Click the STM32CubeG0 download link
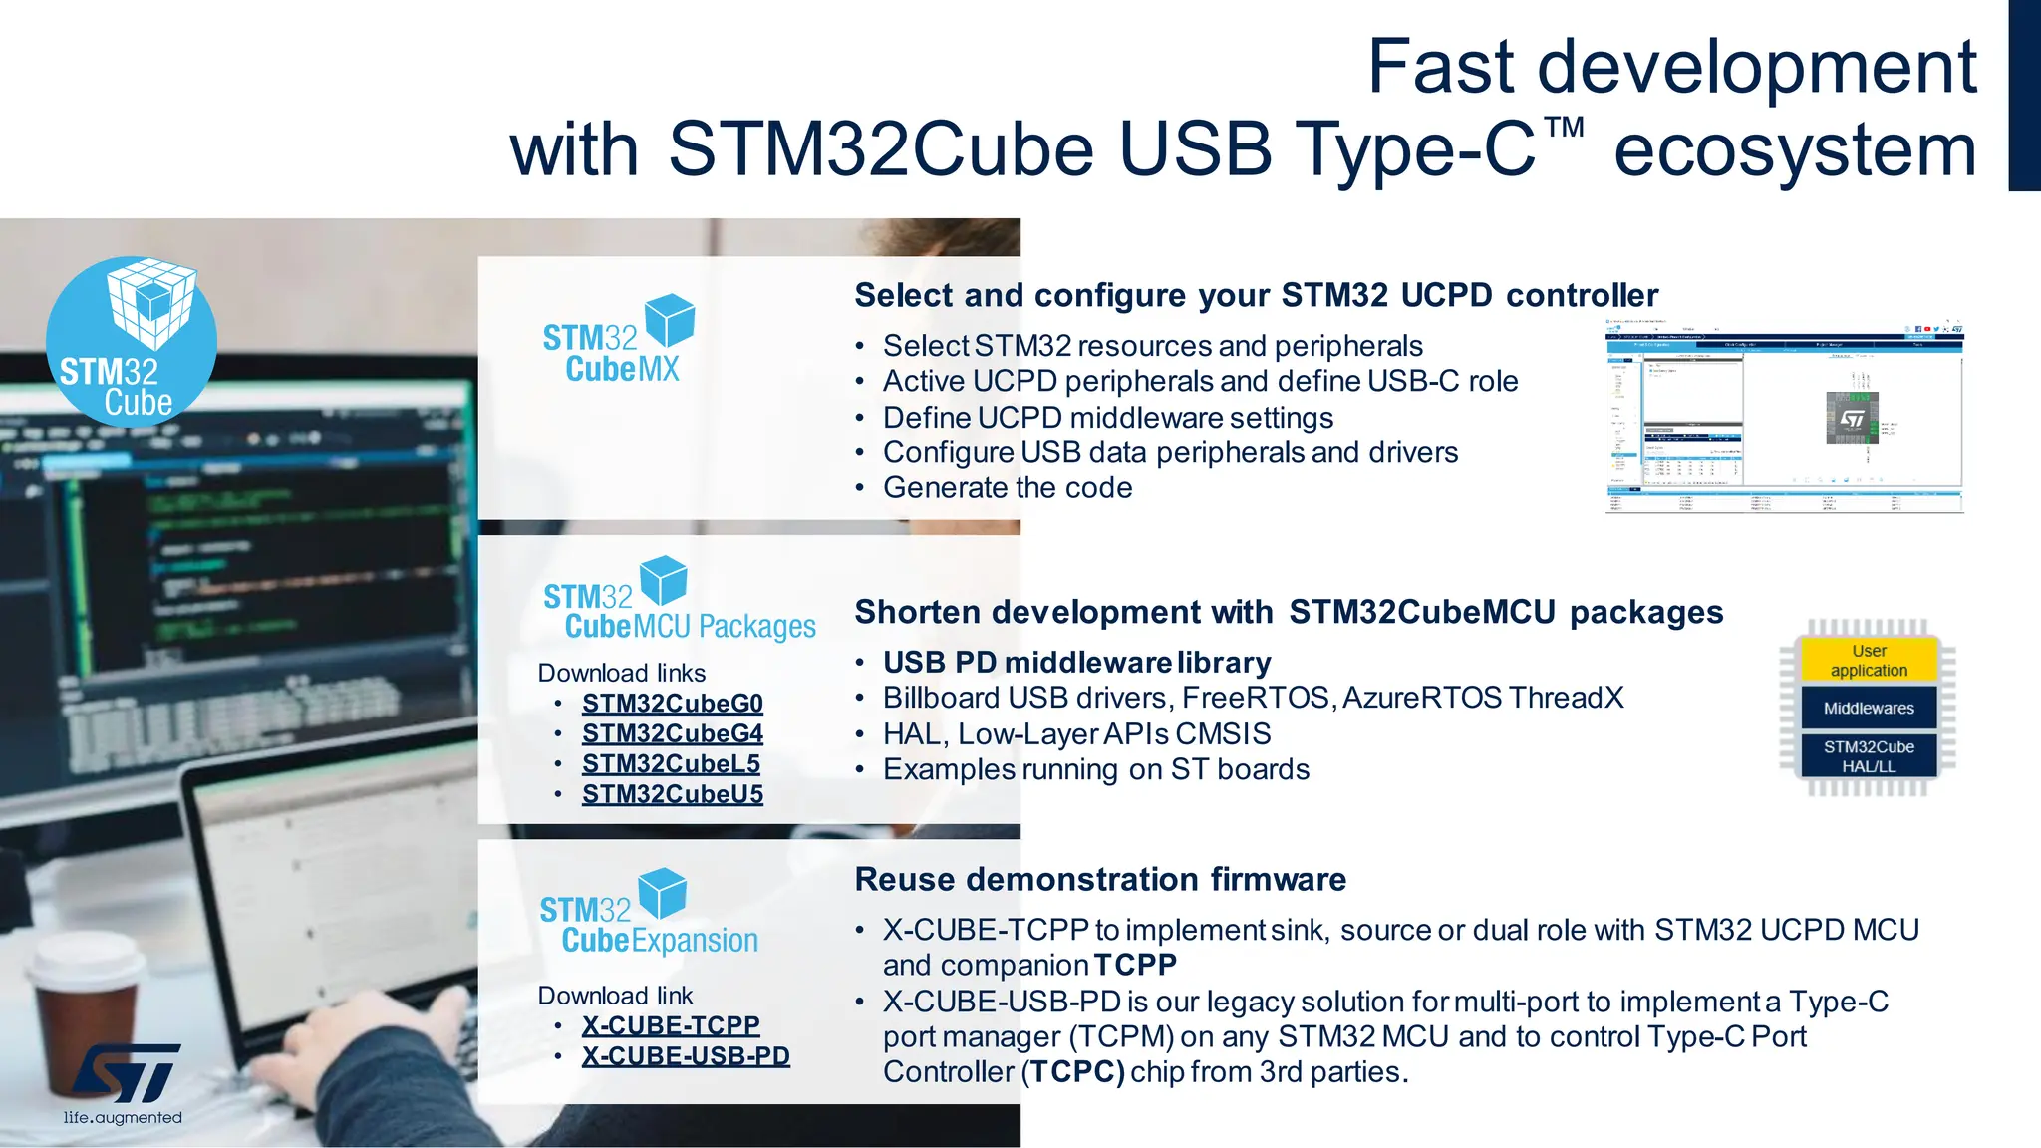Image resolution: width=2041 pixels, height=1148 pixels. [x=673, y=704]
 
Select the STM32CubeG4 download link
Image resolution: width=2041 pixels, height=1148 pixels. [x=673, y=734]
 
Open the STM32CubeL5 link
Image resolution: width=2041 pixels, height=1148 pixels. [x=671, y=764]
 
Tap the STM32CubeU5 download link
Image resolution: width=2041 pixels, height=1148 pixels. [x=673, y=795]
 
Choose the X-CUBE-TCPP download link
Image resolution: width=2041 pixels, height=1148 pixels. [x=671, y=1025]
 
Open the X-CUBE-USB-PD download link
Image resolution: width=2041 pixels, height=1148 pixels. [x=686, y=1056]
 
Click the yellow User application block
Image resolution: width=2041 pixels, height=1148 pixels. [x=1869, y=661]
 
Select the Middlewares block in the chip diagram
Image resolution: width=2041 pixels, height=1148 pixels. [x=1869, y=709]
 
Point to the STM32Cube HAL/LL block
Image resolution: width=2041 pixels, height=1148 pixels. [x=1869, y=757]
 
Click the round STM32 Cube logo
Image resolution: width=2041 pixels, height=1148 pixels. [x=132, y=342]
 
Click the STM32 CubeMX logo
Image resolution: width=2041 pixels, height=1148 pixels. [x=619, y=340]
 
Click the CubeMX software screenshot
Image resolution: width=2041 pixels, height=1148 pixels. [x=1784, y=417]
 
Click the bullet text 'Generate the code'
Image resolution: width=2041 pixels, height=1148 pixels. [x=1008, y=488]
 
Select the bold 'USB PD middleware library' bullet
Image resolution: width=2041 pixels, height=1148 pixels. [x=1076, y=663]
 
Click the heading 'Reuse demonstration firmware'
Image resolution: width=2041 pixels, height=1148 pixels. [x=1100, y=880]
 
